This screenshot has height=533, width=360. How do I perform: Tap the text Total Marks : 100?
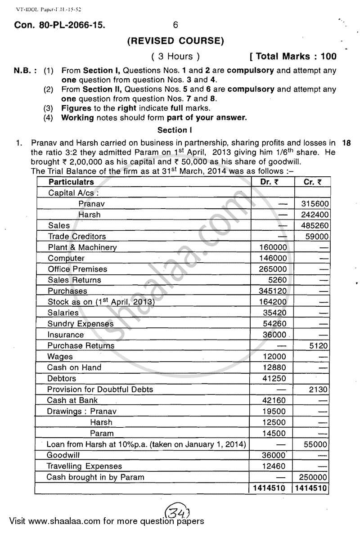point(294,56)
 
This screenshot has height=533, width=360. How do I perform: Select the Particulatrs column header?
point(72,182)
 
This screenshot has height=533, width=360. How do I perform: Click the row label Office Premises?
point(77,269)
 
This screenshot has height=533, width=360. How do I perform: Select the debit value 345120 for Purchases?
point(273,291)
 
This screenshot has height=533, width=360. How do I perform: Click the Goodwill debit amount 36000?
point(273,455)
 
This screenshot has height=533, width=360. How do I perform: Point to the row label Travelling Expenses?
point(84,466)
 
